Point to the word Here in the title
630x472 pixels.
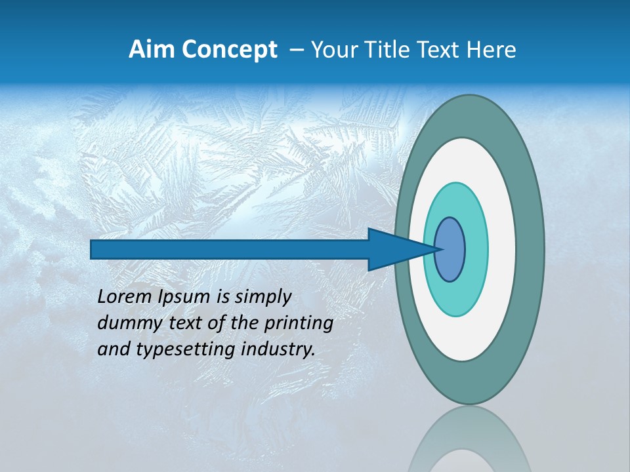(x=492, y=50)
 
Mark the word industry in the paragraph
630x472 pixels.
(x=281, y=349)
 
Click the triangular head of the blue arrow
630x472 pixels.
(x=394, y=249)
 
